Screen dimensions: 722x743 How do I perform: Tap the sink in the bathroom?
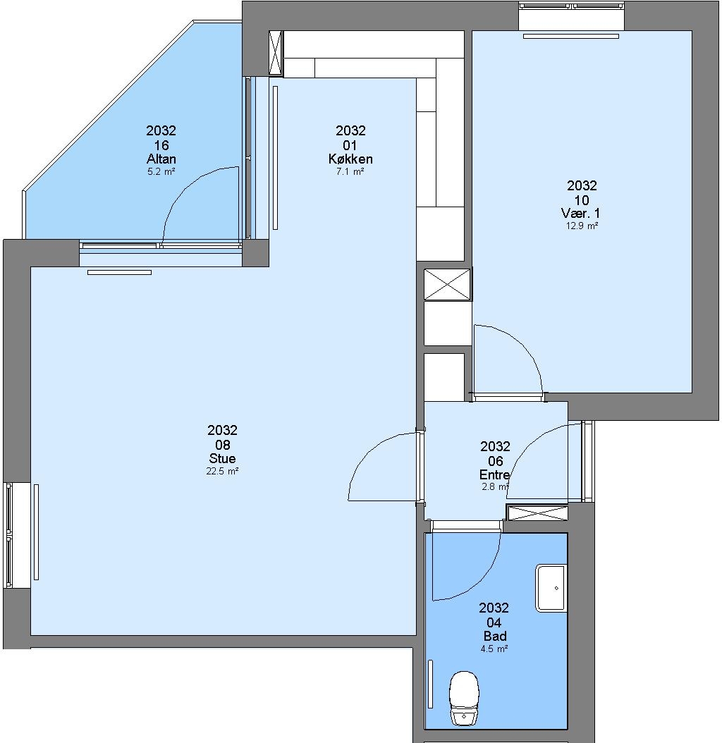click(551, 588)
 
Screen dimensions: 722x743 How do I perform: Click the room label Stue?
click(222, 459)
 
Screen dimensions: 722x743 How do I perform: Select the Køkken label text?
click(350, 159)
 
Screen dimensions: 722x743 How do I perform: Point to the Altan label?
click(161, 159)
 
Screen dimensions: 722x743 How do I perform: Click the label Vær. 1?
click(581, 213)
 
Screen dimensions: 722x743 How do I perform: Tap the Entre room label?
click(494, 475)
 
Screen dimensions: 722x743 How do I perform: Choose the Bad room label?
click(494, 636)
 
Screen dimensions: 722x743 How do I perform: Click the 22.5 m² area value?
click(222, 471)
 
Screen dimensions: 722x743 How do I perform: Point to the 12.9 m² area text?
click(582, 226)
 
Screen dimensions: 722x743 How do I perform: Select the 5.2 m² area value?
click(161, 171)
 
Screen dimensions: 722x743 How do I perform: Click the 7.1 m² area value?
click(350, 171)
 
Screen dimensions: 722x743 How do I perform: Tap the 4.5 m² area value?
click(494, 649)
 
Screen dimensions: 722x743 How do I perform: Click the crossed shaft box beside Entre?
click(537, 512)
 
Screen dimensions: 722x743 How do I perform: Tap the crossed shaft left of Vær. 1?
click(447, 284)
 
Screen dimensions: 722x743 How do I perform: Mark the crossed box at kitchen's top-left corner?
click(276, 53)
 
